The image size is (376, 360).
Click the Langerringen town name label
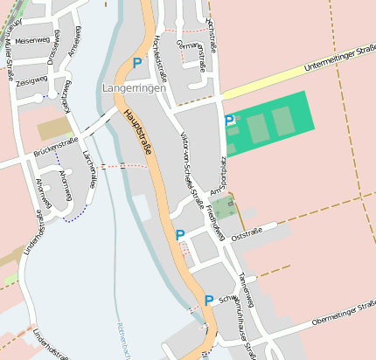[x=133, y=89]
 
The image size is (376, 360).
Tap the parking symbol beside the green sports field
[x=230, y=121]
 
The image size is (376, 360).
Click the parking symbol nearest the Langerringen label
[x=136, y=63]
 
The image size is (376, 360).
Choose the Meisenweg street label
[x=31, y=39]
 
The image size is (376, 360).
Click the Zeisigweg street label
[x=31, y=80]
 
